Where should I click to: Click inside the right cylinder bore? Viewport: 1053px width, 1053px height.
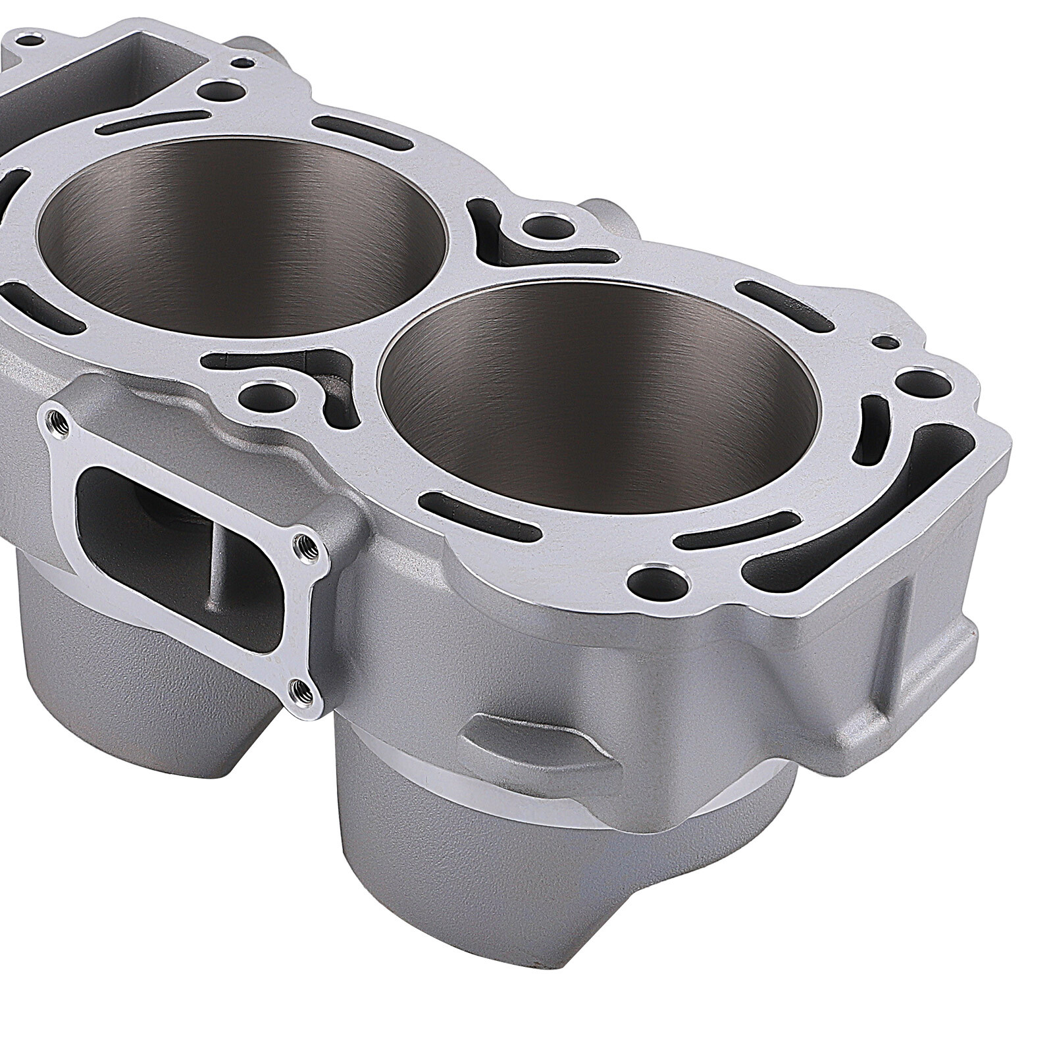pyautogui.click(x=599, y=395)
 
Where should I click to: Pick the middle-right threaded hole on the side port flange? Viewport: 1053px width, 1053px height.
pyautogui.click(x=305, y=543)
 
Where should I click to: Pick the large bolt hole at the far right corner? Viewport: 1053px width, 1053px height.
pyautogui.click(x=915, y=380)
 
